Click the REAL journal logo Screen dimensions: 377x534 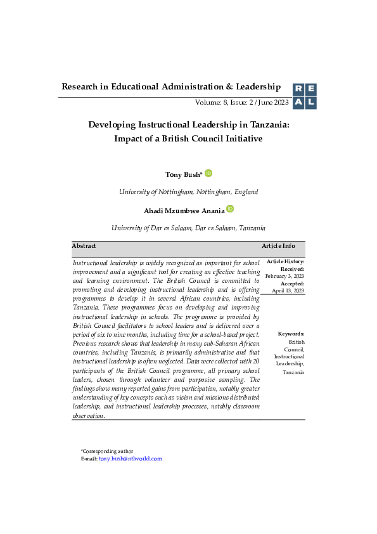click(304, 96)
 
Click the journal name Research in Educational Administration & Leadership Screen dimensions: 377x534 click(170, 86)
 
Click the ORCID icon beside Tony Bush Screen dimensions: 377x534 click(208, 173)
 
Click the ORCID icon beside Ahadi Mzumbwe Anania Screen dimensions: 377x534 click(230, 209)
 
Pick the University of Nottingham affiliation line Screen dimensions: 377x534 click(188, 192)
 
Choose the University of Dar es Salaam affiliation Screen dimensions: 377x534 click(188, 228)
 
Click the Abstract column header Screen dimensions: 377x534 click(84, 245)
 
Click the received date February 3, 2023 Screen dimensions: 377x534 click(284, 277)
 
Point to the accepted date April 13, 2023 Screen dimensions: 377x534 click(288, 290)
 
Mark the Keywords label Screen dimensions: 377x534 click(291, 334)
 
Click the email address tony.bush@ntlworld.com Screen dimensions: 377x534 click(131, 459)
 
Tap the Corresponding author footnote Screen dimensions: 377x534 click(107, 451)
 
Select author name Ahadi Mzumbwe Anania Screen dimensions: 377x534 click(184, 210)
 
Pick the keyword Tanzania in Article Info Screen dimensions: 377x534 click(293, 372)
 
